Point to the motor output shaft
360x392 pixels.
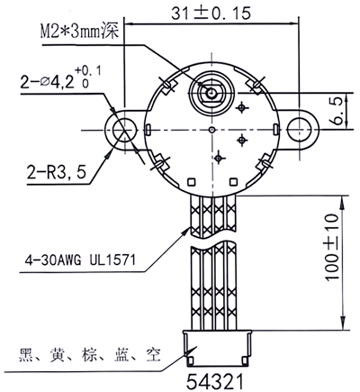coord(212,91)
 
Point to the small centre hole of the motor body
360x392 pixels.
coord(211,129)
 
